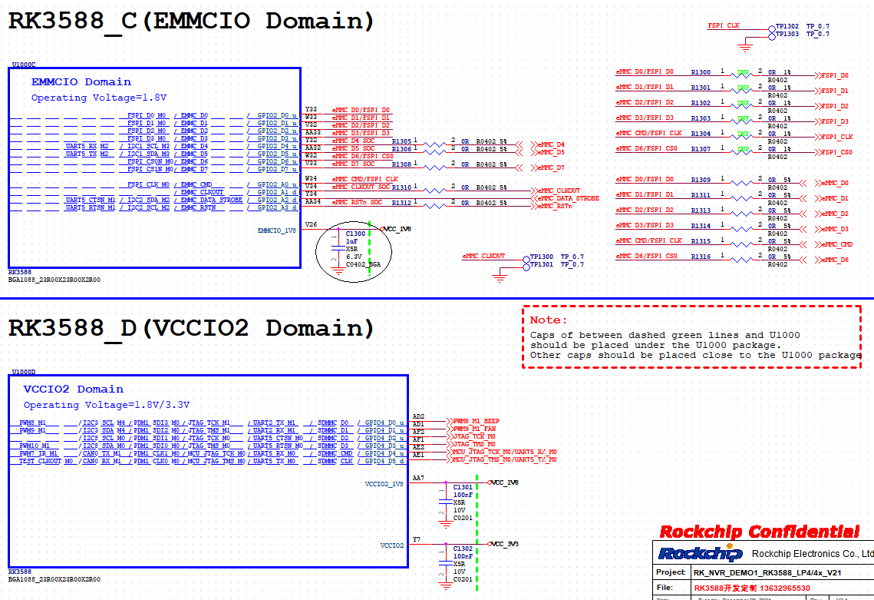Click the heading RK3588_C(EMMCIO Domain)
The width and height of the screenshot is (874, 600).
[x=191, y=21]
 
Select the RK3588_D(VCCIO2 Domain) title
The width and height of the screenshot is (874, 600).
[x=191, y=328]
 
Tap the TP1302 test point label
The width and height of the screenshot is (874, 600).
[x=787, y=26]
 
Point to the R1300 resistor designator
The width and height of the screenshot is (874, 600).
[x=701, y=72]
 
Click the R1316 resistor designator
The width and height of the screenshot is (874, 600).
[x=701, y=257]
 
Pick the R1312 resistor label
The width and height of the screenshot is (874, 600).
[x=401, y=203]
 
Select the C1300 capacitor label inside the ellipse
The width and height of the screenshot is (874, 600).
[x=355, y=234]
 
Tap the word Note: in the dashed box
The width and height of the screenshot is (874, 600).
[x=549, y=320]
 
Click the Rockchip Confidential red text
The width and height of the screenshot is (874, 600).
[x=759, y=532]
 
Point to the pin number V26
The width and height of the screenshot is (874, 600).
[x=311, y=225]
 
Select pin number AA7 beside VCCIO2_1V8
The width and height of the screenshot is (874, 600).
[x=418, y=479]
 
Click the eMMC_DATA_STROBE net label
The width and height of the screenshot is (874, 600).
[x=568, y=198]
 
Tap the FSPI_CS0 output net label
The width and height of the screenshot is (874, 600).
[x=836, y=152]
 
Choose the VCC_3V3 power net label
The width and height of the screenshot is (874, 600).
[x=505, y=544]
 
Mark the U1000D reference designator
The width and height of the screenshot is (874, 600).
[x=23, y=372]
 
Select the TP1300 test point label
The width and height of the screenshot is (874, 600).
[x=542, y=257]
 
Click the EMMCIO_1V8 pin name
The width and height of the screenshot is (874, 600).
[x=275, y=230]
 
